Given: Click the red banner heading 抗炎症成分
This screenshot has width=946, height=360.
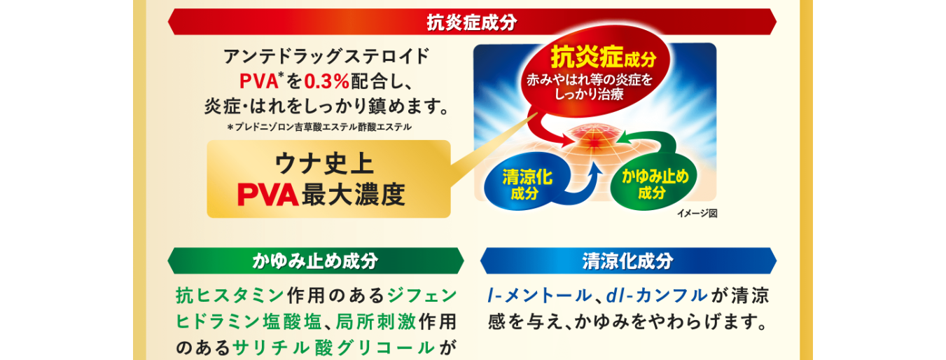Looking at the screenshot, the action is (472, 22).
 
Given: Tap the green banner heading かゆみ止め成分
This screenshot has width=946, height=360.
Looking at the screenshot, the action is (316, 261).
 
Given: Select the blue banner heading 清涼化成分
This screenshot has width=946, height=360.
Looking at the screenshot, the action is (628, 261).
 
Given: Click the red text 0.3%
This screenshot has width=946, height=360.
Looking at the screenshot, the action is (326, 81).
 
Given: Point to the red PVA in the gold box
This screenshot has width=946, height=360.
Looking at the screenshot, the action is (267, 195).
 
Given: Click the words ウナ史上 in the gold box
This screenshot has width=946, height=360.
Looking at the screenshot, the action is (324, 164).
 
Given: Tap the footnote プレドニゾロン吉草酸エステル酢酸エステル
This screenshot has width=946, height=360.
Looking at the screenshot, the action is (323, 127).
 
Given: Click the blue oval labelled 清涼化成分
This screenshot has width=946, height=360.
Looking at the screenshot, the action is (527, 184).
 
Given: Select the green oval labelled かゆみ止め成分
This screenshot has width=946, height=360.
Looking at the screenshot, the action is (653, 184).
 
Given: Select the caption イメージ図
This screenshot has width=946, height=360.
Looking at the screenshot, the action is (697, 214).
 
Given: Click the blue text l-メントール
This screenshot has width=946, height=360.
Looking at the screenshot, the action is (539, 296).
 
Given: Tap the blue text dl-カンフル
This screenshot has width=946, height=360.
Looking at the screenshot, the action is (657, 296).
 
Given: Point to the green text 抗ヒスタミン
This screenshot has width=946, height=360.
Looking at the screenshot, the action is (229, 296).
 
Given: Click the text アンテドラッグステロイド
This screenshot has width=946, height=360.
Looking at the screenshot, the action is (326, 56).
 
